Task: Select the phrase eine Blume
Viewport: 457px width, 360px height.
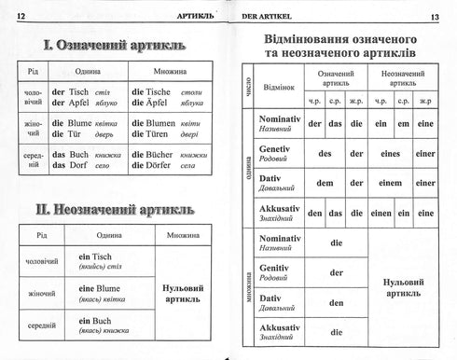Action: (x=96, y=288)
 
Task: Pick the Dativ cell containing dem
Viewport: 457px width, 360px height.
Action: (x=325, y=183)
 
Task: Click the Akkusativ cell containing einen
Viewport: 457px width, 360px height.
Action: (x=380, y=213)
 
